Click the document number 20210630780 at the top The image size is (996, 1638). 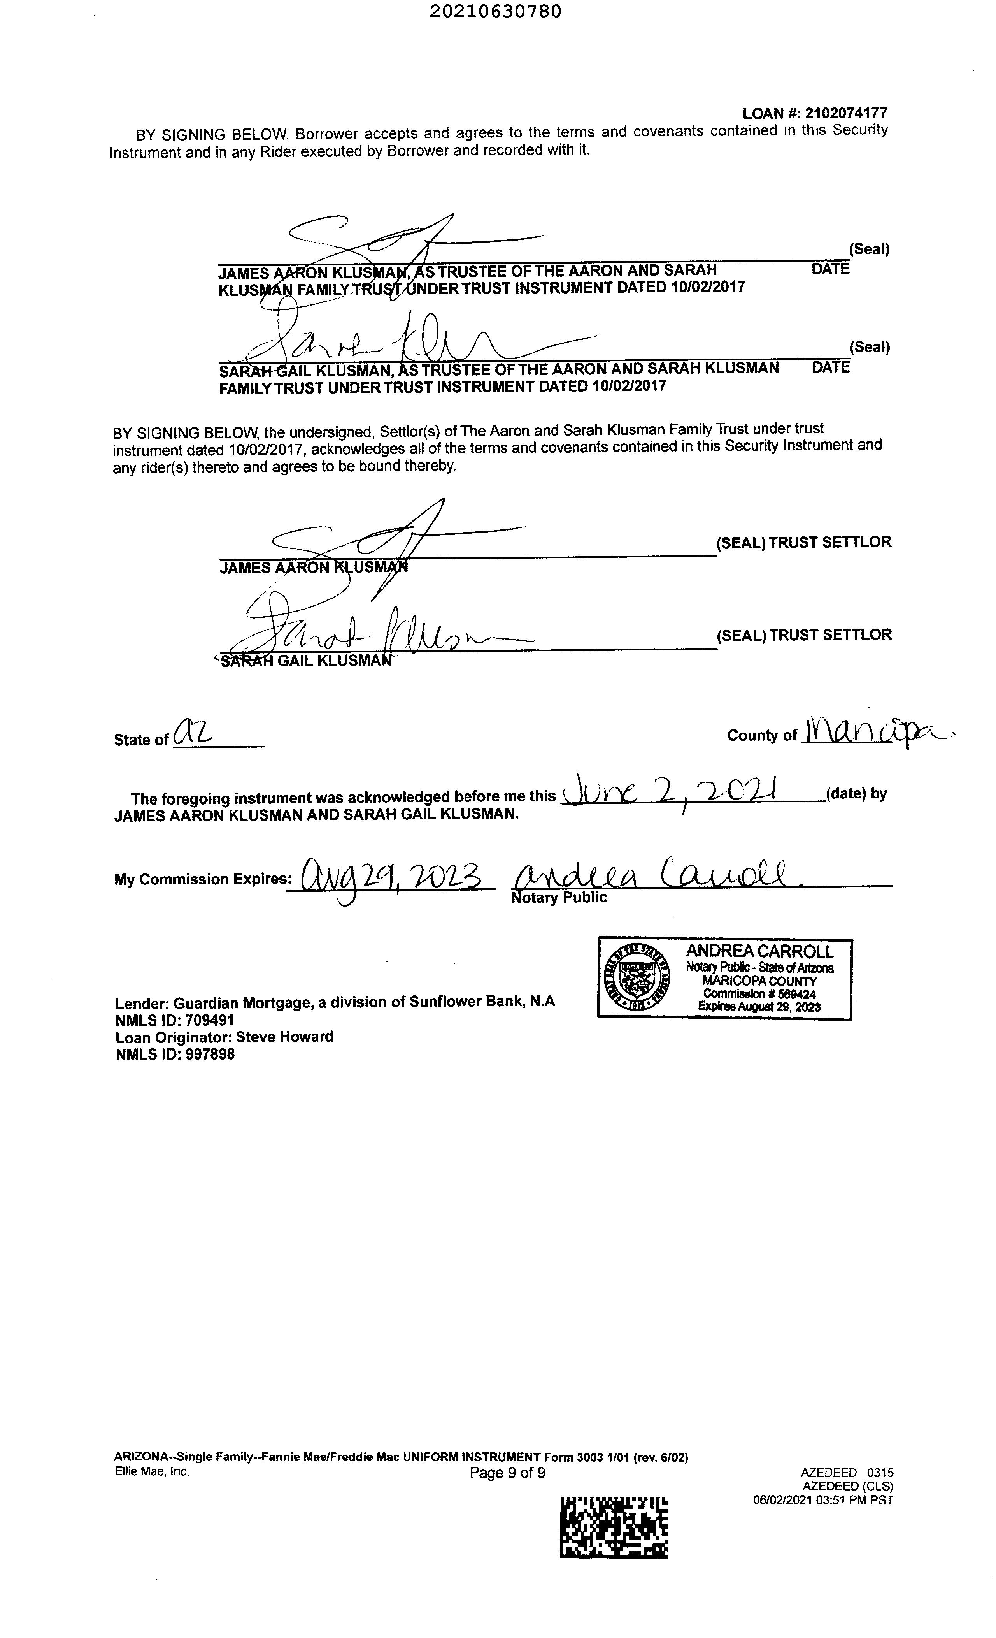pos(495,12)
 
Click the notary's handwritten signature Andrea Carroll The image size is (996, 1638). pos(654,874)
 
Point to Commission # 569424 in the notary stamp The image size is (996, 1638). pos(759,994)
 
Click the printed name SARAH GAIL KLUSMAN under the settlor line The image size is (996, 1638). pos(306,661)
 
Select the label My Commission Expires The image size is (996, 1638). pos(202,879)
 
